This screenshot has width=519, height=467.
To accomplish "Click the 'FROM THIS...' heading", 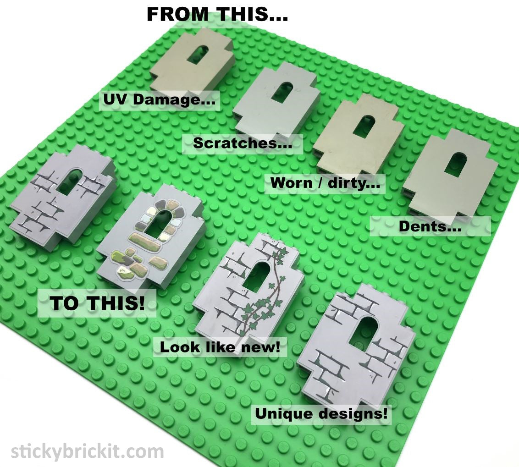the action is coord(217,14).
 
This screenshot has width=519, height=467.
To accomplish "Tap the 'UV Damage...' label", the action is coord(159,99).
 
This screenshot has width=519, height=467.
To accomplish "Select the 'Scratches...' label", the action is coord(243,143).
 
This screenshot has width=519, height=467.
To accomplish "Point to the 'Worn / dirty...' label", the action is coord(325,182).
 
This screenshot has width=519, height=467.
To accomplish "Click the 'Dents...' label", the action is coord(430,226).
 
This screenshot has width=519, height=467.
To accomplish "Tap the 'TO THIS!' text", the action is coord(97,303).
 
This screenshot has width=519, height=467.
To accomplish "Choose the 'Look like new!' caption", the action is coord(220,347).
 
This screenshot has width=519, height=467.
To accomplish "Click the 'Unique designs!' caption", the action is coord(321,413).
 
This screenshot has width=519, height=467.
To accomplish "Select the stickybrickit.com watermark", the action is coord(88,451).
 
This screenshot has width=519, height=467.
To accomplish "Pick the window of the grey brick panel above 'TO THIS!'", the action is coord(70,180).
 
